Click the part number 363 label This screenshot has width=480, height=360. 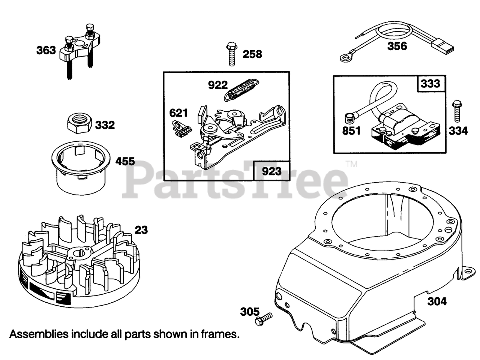pos(46,50)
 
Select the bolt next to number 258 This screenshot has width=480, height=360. pos(231,55)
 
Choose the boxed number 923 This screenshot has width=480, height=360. pos(271,171)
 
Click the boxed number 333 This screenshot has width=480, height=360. pos(430,83)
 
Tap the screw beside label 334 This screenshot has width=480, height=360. pos(456,111)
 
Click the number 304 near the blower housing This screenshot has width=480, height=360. pos(437,301)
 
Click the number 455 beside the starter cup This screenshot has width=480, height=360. pos(125,162)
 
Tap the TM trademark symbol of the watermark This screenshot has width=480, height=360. pos(351,164)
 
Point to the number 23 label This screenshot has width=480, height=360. pos(141,229)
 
